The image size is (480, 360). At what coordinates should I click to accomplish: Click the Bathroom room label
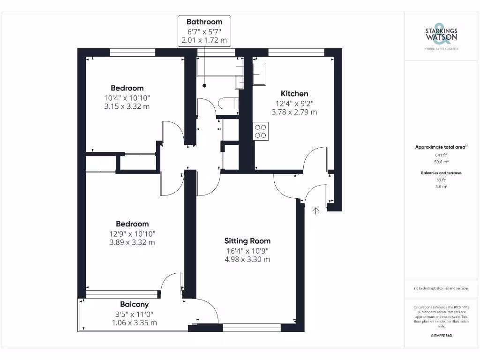click(204, 22)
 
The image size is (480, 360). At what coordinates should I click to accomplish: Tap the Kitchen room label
click(294, 94)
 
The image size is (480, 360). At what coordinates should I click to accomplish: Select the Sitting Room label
click(247, 241)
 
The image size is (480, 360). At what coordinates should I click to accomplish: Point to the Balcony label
click(134, 304)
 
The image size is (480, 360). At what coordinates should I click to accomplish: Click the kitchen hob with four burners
click(261, 131)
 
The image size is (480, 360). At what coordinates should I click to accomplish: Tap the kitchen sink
click(259, 75)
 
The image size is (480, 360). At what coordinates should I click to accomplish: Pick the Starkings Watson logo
click(441, 35)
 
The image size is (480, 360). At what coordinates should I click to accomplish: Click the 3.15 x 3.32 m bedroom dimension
click(127, 106)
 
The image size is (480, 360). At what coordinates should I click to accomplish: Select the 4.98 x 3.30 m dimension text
click(247, 259)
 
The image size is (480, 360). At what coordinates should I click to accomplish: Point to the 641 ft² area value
click(441, 155)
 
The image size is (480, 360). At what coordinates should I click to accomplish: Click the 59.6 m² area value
click(441, 162)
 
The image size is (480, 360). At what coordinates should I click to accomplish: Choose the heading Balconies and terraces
click(441, 173)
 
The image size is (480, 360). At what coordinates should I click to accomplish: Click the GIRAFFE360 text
click(441, 336)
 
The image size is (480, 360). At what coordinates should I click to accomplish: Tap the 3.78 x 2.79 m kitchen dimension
click(294, 112)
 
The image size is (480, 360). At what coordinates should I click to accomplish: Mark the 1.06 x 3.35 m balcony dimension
click(134, 322)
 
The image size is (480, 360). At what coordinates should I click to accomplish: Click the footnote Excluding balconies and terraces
click(441, 288)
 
